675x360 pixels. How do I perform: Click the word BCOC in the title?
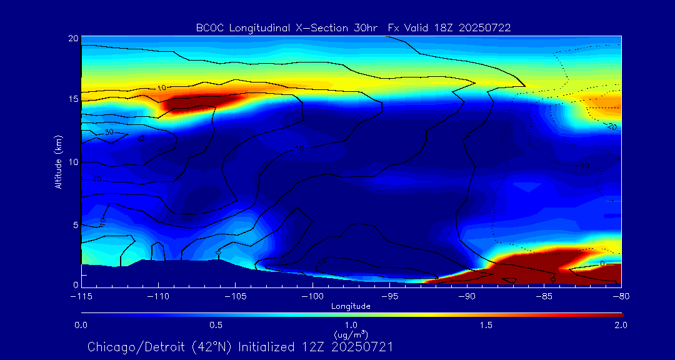coord(208,27)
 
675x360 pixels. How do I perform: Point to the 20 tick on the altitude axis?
coord(72,38)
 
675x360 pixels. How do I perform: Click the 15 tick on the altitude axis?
coord(72,99)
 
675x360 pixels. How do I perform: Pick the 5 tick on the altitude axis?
coord(75,224)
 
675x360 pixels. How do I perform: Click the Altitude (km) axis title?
coord(58,161)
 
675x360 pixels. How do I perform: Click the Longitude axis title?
coord(351,306)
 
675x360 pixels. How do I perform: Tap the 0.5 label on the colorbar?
coord(216,325)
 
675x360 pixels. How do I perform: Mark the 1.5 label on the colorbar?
coord(486,325)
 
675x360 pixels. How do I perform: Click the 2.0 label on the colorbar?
coord(621,325)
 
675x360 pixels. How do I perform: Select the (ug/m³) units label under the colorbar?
coord(351,334)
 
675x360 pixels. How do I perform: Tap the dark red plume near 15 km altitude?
coord(194,102)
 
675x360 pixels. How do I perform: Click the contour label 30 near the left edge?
coord(109,132)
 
